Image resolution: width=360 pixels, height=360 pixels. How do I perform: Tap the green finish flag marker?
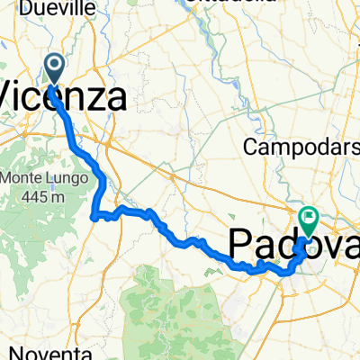coord(309,218)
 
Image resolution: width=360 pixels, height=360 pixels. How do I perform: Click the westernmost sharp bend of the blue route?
coord(94,216)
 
